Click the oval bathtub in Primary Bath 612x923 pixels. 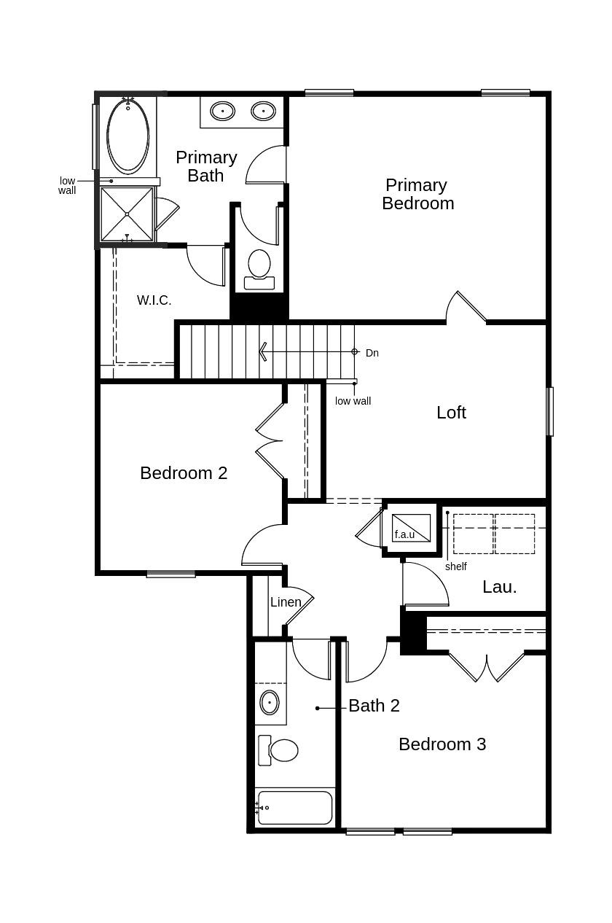(128, 136)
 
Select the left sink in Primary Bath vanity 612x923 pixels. (222, 111)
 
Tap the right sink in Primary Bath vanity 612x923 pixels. (263, 111)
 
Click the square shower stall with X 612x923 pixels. (127, 214)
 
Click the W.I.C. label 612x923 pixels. (154, 300)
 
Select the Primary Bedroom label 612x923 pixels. (417, 195)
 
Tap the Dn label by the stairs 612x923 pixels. (372, 353)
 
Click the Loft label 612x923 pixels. (451, 413)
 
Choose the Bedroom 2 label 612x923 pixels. (184, 473)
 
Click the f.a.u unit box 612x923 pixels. (410, 529)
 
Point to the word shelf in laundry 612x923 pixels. (455, 566)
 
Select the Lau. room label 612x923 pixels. (499, 587)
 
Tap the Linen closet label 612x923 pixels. (286, 602)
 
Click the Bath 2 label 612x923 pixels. (374, 706)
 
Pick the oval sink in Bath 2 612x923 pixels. (270, 703)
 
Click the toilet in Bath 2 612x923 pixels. (279, 750)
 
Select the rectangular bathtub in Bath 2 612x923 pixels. (295, 808)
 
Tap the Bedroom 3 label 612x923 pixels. (442, 744)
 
